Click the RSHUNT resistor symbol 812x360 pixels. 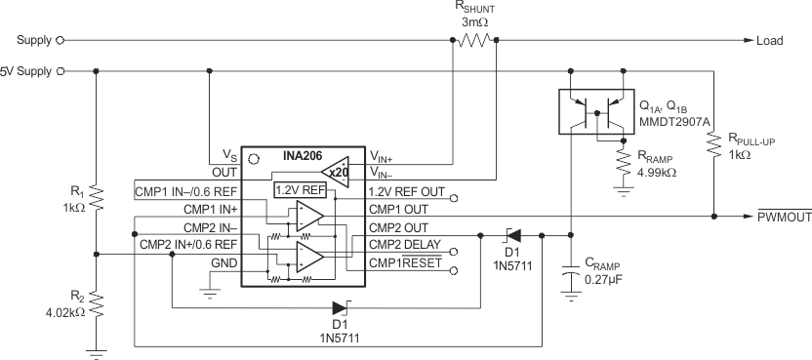475,41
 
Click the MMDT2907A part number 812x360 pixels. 675,122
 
